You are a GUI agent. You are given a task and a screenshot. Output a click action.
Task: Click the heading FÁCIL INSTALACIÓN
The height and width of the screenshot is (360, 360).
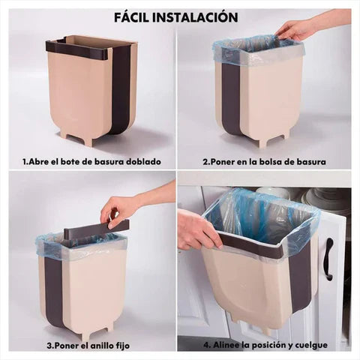[x=177, y=16]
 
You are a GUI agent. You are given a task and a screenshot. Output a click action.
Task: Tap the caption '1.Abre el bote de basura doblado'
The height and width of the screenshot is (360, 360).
[x=91, y=161]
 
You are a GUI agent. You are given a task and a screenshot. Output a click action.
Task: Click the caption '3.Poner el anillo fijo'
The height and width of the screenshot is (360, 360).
[x=91, y=346]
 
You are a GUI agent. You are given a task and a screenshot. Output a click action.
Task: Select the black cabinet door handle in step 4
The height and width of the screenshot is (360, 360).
[x=328, y=259]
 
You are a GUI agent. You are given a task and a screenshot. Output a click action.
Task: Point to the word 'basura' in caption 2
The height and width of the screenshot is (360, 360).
[x=311, y=161]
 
